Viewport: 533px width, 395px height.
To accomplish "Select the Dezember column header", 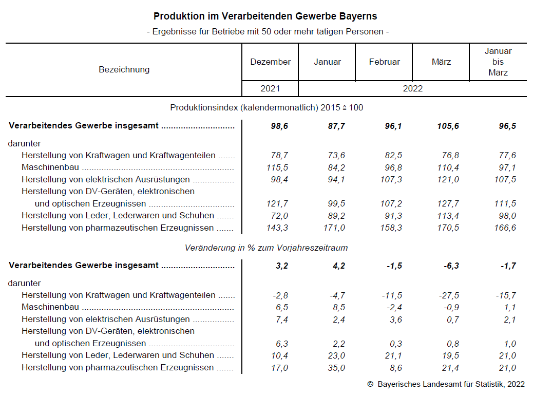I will (x=270, y=62).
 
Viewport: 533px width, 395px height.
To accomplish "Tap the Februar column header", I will (x=384, y=62).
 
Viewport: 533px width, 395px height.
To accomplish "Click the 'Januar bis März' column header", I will (x=498, y=62).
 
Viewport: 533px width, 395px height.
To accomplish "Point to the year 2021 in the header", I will (x=270, y=88).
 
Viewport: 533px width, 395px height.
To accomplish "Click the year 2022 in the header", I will (x=412, y=88).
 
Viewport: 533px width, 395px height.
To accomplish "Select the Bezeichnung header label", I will (x=124, y=69).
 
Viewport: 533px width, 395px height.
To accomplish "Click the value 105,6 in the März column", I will (x=448, y=126).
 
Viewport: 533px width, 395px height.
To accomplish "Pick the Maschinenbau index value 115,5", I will (x=279, y=167).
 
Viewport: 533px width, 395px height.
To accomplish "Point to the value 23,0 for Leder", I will (x=337, y=355).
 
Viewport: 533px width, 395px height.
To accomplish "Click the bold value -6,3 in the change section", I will (x=451, y=266).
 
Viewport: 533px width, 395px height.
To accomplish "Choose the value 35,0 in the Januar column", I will (x=337, y=368).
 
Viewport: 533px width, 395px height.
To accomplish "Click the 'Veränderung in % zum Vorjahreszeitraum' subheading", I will (x=266, y=248).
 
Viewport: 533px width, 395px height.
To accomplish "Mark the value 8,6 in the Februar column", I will (x=396, y=368).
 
